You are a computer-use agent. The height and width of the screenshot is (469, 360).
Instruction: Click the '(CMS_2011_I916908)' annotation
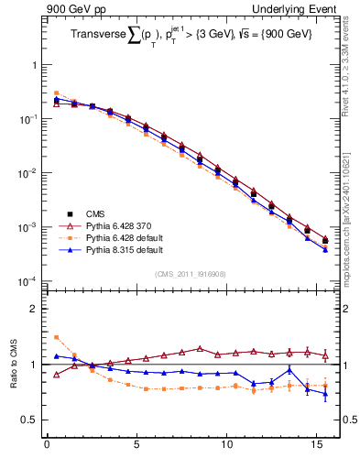click(191, 273)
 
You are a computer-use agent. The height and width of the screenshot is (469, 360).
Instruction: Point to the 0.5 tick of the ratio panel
click(29, 420)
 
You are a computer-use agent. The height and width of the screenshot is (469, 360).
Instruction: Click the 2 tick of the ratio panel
click(34, 309)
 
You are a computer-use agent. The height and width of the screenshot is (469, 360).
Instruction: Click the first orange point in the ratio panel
click(56, 337)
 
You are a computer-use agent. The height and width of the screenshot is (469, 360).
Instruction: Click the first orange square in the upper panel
click(56, 93)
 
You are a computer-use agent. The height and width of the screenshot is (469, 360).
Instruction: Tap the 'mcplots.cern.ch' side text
click(349, 247)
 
